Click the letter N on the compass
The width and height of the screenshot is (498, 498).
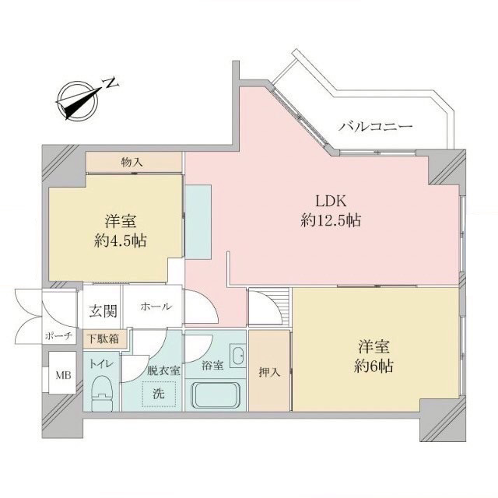111,82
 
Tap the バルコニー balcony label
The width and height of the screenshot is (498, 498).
375,127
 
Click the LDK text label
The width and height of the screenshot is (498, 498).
330,201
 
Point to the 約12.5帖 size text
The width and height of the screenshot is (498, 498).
330,220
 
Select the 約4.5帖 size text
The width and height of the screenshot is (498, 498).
121,240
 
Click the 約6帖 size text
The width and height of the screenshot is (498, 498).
373,366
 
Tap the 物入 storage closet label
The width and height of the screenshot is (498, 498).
132,163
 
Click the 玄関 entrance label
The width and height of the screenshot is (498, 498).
103,311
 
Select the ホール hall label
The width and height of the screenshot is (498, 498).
156,307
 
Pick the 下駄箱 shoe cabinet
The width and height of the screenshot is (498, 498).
103,338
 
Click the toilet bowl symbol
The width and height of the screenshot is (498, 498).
102,393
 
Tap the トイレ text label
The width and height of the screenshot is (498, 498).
101,364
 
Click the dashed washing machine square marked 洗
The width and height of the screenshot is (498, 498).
159,394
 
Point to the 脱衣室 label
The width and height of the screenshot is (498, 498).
163,370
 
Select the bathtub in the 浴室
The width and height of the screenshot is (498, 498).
215,395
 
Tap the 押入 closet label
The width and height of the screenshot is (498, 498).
269,372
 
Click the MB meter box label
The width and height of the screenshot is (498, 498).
64,375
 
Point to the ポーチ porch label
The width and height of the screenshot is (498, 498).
59,336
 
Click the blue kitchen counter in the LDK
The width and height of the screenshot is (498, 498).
198,222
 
